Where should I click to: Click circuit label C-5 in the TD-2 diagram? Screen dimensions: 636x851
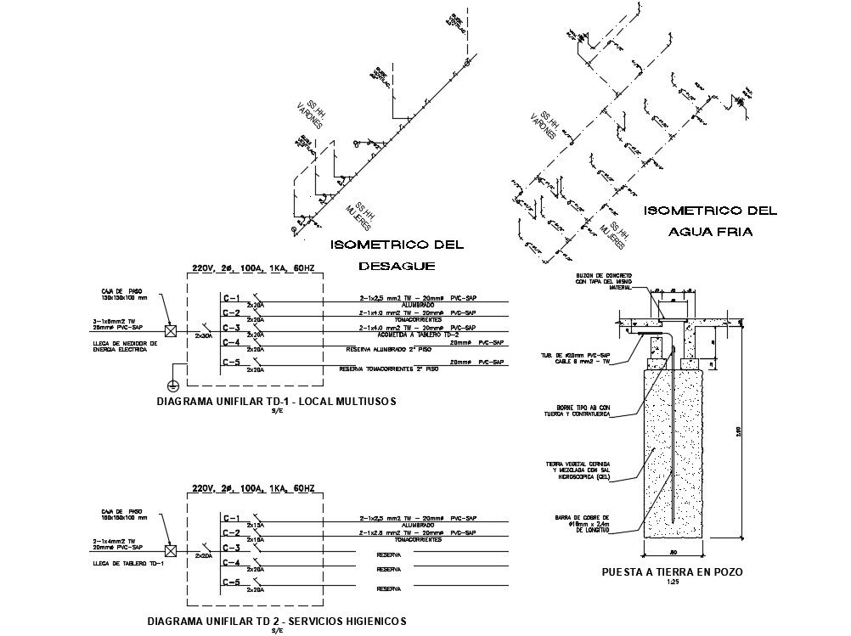click(x=231, y=583)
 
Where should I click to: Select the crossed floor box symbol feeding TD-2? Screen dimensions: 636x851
click(x=171, y=549)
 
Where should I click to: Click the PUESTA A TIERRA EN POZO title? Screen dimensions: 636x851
click(x=672, y=572)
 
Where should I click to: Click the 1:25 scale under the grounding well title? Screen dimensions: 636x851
click(x=671, y=583)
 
